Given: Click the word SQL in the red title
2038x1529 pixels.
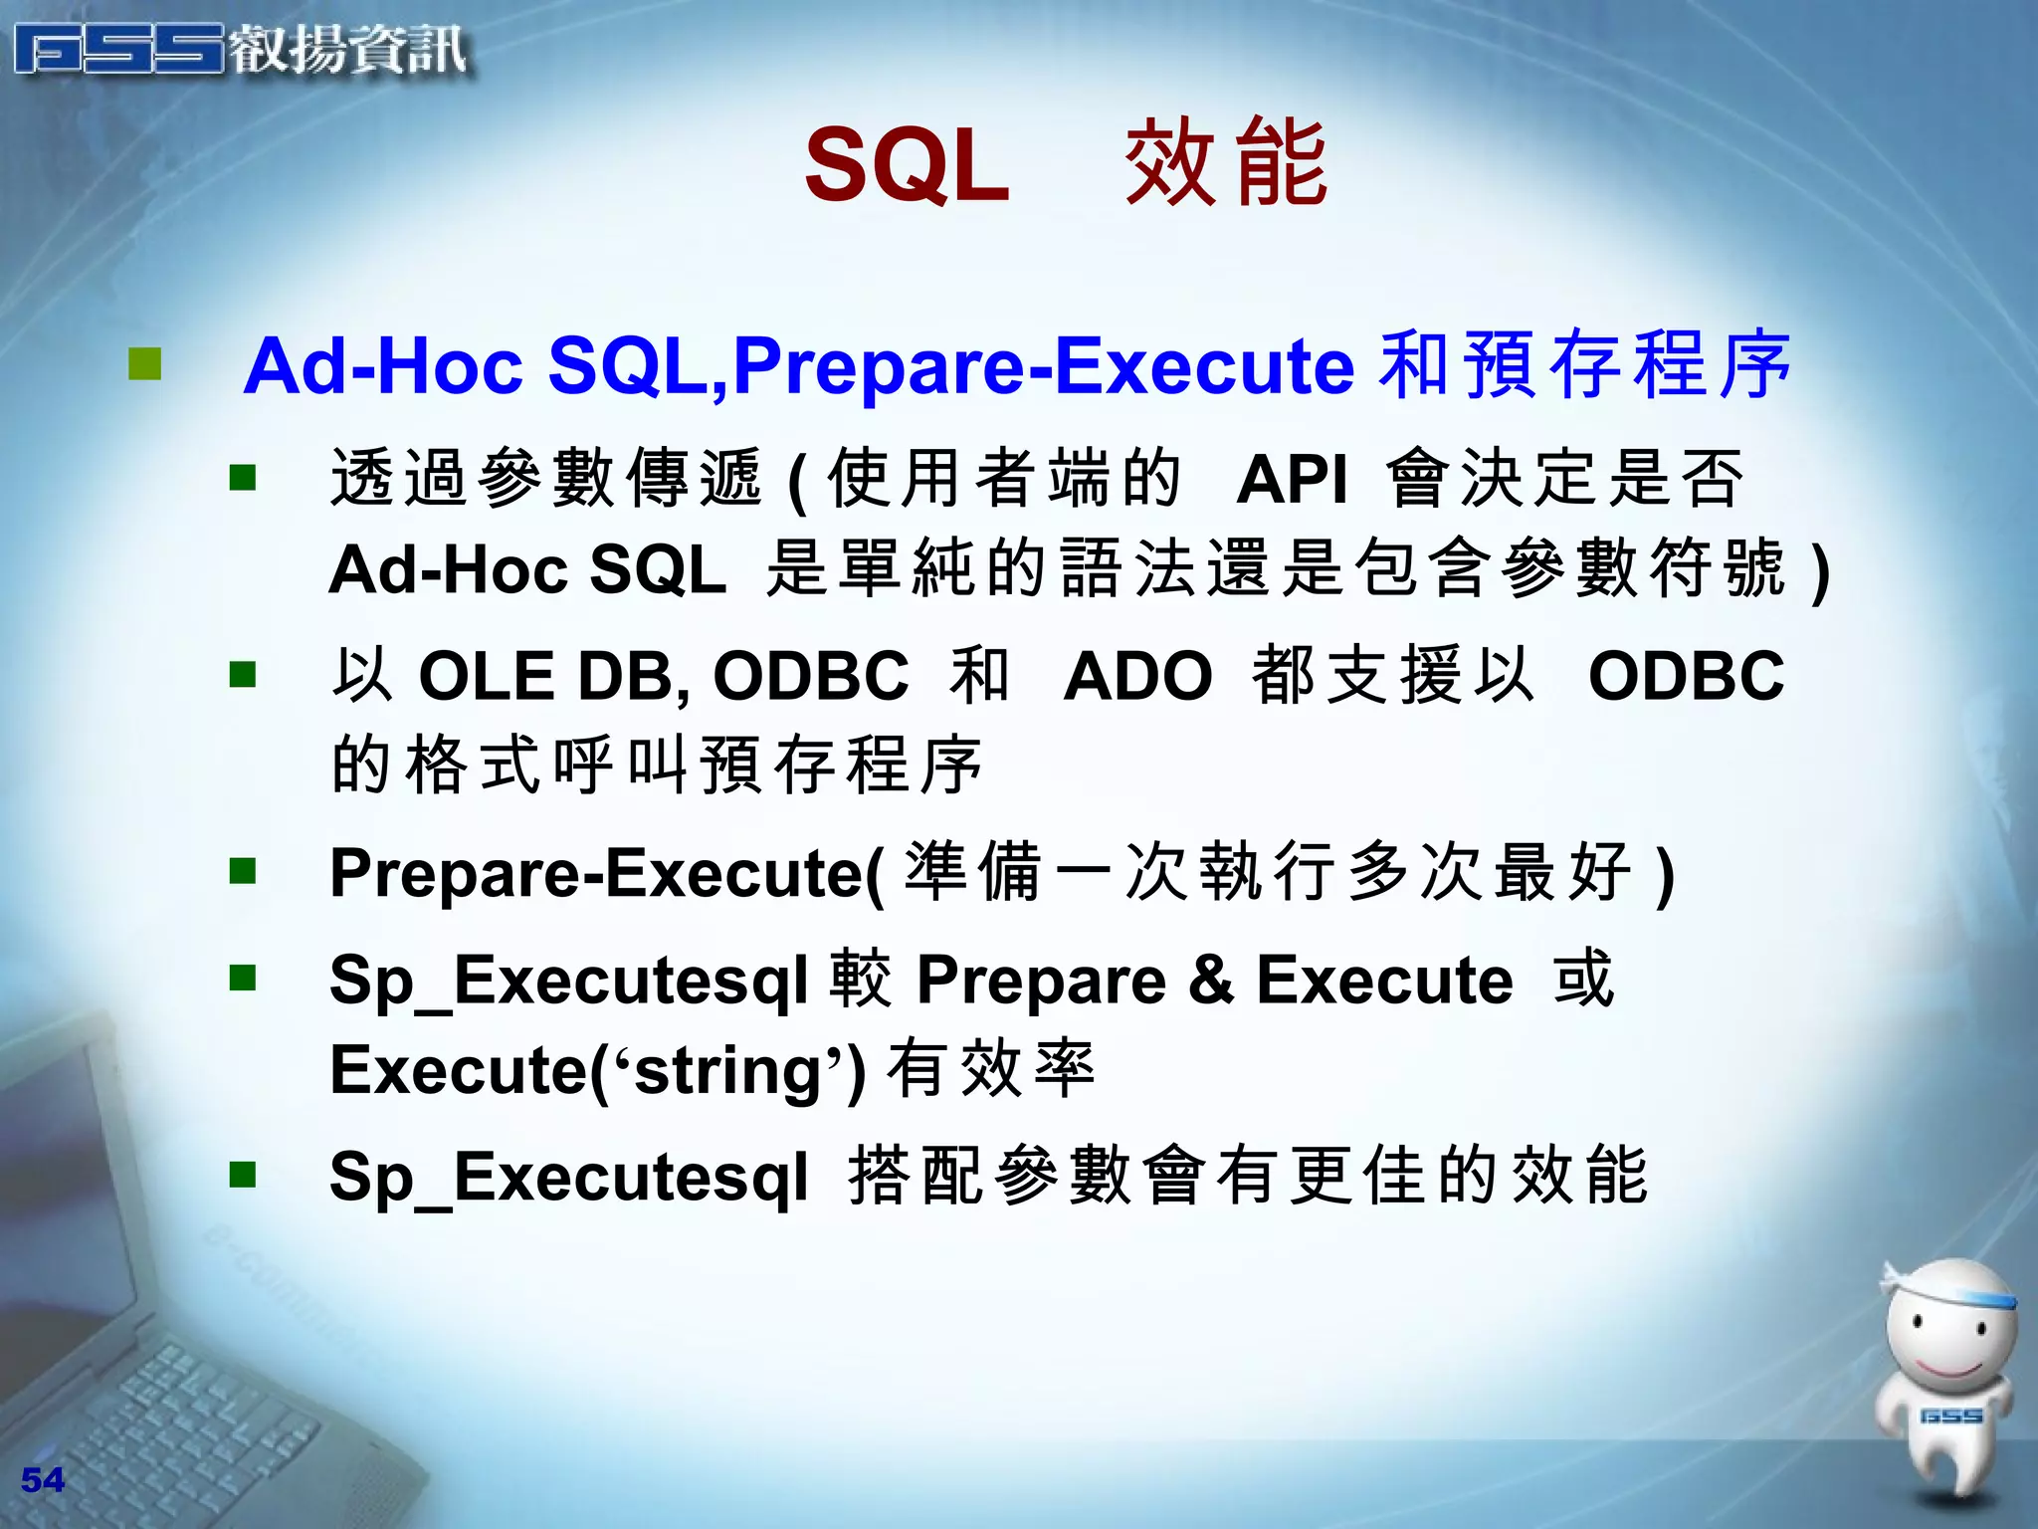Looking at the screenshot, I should click(x=907, y=165).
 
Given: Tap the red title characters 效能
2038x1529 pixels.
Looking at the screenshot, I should click(x=1226, y=163).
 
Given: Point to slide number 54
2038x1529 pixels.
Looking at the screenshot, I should click(x=42, y=1480).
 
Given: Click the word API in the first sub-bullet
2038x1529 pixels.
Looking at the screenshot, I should click(x=1292, y=480).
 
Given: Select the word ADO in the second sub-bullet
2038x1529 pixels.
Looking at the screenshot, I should click(x=1137, y=677).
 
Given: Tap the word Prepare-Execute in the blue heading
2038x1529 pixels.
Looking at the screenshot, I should click(x=1043, y=366).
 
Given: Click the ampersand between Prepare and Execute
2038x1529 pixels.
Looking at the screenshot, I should click(x=1211, y=980).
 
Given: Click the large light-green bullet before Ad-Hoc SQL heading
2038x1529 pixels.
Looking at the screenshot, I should click(x=145, y=364).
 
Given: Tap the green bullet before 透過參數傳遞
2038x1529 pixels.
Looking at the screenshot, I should click(x=243, y=478).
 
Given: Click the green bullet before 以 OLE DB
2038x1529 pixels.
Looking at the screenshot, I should click(x=243, y=675).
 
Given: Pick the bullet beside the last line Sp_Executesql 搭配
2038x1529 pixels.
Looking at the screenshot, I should click(x=243, y=1175).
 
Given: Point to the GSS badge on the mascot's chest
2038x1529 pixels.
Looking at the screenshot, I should click(x=1950, y=1416).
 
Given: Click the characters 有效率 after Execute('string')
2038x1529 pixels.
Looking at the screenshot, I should click(x=991, y=1071).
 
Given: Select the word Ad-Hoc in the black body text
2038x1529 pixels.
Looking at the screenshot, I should click(x=449, y=571).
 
